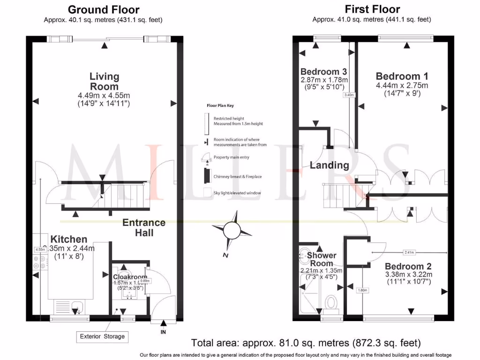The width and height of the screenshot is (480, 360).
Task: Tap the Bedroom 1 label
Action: tap(402, 76)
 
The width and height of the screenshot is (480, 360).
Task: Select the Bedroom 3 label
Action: tap(323, 72)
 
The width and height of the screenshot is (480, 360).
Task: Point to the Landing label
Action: tap(329, 165)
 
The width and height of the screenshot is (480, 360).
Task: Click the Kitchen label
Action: tap(69, 239)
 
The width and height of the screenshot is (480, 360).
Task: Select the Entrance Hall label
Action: tap(144, 227)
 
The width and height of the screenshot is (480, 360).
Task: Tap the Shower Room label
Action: tap(322, 259)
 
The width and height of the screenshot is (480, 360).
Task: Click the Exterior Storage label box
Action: tap(102, 336)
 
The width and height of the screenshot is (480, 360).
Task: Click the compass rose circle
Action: tap(232, 230)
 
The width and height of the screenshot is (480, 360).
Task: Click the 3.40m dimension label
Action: tap(349, 95)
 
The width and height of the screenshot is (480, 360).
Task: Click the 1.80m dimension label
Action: tap(362, 290)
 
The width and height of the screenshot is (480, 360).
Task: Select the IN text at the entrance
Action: tap(163, 332)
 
